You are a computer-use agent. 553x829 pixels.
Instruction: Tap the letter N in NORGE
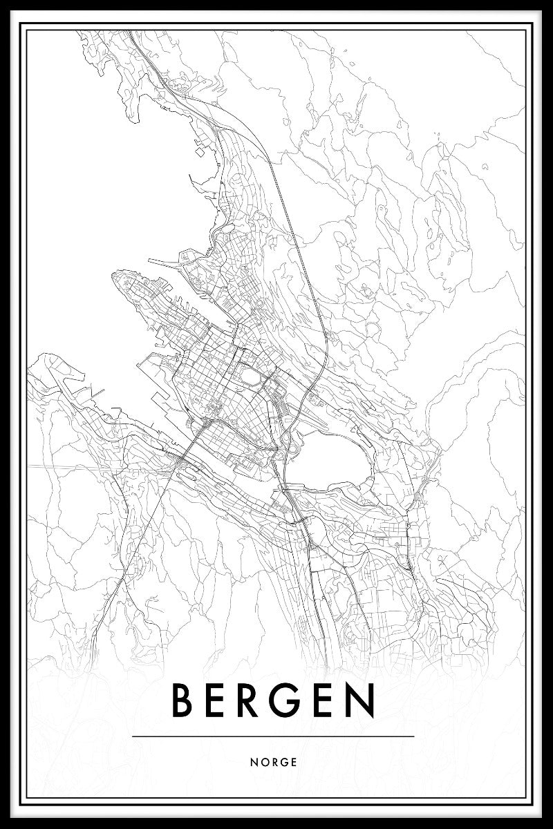[x=256, y=763]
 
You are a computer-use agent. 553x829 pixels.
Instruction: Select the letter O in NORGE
[x=265, y=763]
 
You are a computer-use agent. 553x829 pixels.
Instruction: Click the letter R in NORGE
[x=276, y=763]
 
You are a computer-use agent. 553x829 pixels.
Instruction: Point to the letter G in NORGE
[x=285, y=763]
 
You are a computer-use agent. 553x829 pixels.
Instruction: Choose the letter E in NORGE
[x=294, y=763]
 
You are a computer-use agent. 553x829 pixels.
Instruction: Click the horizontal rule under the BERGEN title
[x=272, y=736]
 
